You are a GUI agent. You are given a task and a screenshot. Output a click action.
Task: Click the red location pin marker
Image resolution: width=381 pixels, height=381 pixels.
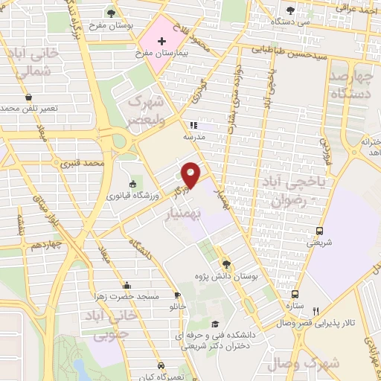(x=191, y=174)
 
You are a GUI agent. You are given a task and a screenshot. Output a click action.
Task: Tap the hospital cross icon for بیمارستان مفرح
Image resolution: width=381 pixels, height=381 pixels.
(x=161, y=40)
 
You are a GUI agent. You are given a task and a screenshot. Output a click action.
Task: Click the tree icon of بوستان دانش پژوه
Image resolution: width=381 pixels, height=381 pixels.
(x=227, y=265)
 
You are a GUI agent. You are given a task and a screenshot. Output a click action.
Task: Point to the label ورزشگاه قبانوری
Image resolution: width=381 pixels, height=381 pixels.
(x=133, y=196)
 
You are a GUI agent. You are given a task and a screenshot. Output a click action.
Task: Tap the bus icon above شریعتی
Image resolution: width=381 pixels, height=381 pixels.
(x=320, y=231)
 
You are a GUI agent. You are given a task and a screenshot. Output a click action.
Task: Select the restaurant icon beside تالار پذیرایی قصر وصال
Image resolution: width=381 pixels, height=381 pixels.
(x=316, y=311)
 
